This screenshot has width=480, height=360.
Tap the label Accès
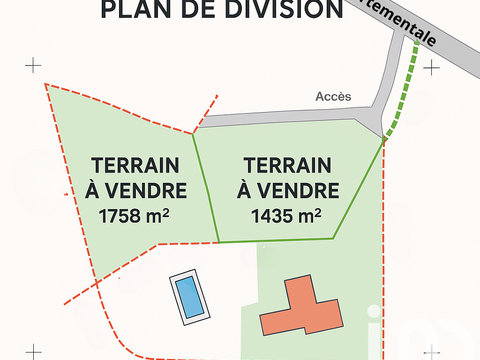[333, 97]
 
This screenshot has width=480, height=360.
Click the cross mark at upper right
[431, 67]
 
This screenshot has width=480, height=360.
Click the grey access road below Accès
[290, 117]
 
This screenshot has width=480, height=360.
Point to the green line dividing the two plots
[205, 185]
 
